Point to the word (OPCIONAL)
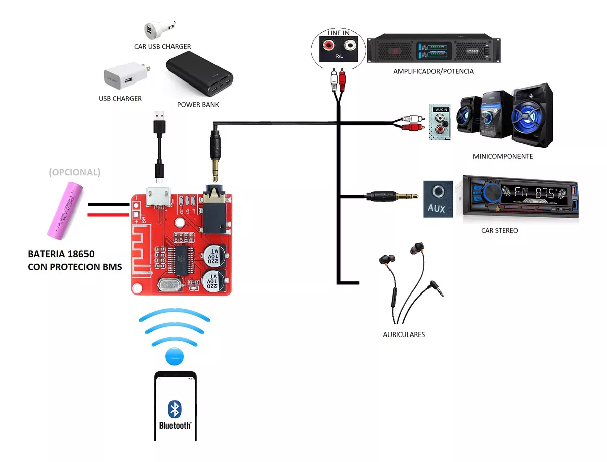74,172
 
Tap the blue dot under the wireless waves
175,356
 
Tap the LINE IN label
338,33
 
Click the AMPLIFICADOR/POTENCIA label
433,71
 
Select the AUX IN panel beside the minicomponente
440,123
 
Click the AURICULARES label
404,334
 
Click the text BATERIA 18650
61,254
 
